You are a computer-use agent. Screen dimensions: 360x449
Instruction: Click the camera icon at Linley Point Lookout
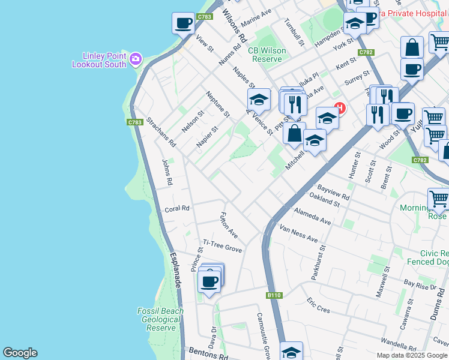pyautogui.click(x=136, y=58)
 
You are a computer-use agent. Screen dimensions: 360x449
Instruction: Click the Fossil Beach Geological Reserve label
pyautogui.click(x=160, y=319)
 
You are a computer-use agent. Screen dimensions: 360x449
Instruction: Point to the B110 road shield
pyautogui.click(x=274, y=295)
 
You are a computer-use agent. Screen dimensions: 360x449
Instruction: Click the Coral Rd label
pyautogui.click(x=177, y=209)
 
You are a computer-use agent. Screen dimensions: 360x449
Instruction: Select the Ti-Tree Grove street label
pyautogui.click(x=222, y=245)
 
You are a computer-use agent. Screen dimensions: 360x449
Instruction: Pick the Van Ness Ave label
pyautogui.click(x=299, y=235)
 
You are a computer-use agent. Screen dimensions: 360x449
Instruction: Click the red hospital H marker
pyautogui.click(x=340, y=109)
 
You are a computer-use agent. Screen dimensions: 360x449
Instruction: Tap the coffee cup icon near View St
pyautogui.click(x=184, y=24)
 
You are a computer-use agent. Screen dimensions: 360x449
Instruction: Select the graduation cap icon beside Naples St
pyautogui.click(x=259, y=99)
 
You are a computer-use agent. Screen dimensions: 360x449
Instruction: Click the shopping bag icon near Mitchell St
pyautogui.click(x=294, y=134)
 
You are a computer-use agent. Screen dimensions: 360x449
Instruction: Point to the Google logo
pyautogui.click(x=20, y=353)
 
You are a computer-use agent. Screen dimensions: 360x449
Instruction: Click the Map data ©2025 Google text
pyautogui.click(x=412, y=355)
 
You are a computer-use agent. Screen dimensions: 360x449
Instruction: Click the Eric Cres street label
pyautogui.click(x=318, y=305)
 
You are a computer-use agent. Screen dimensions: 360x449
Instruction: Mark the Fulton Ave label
pyautogui.click(x=229, y=225)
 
